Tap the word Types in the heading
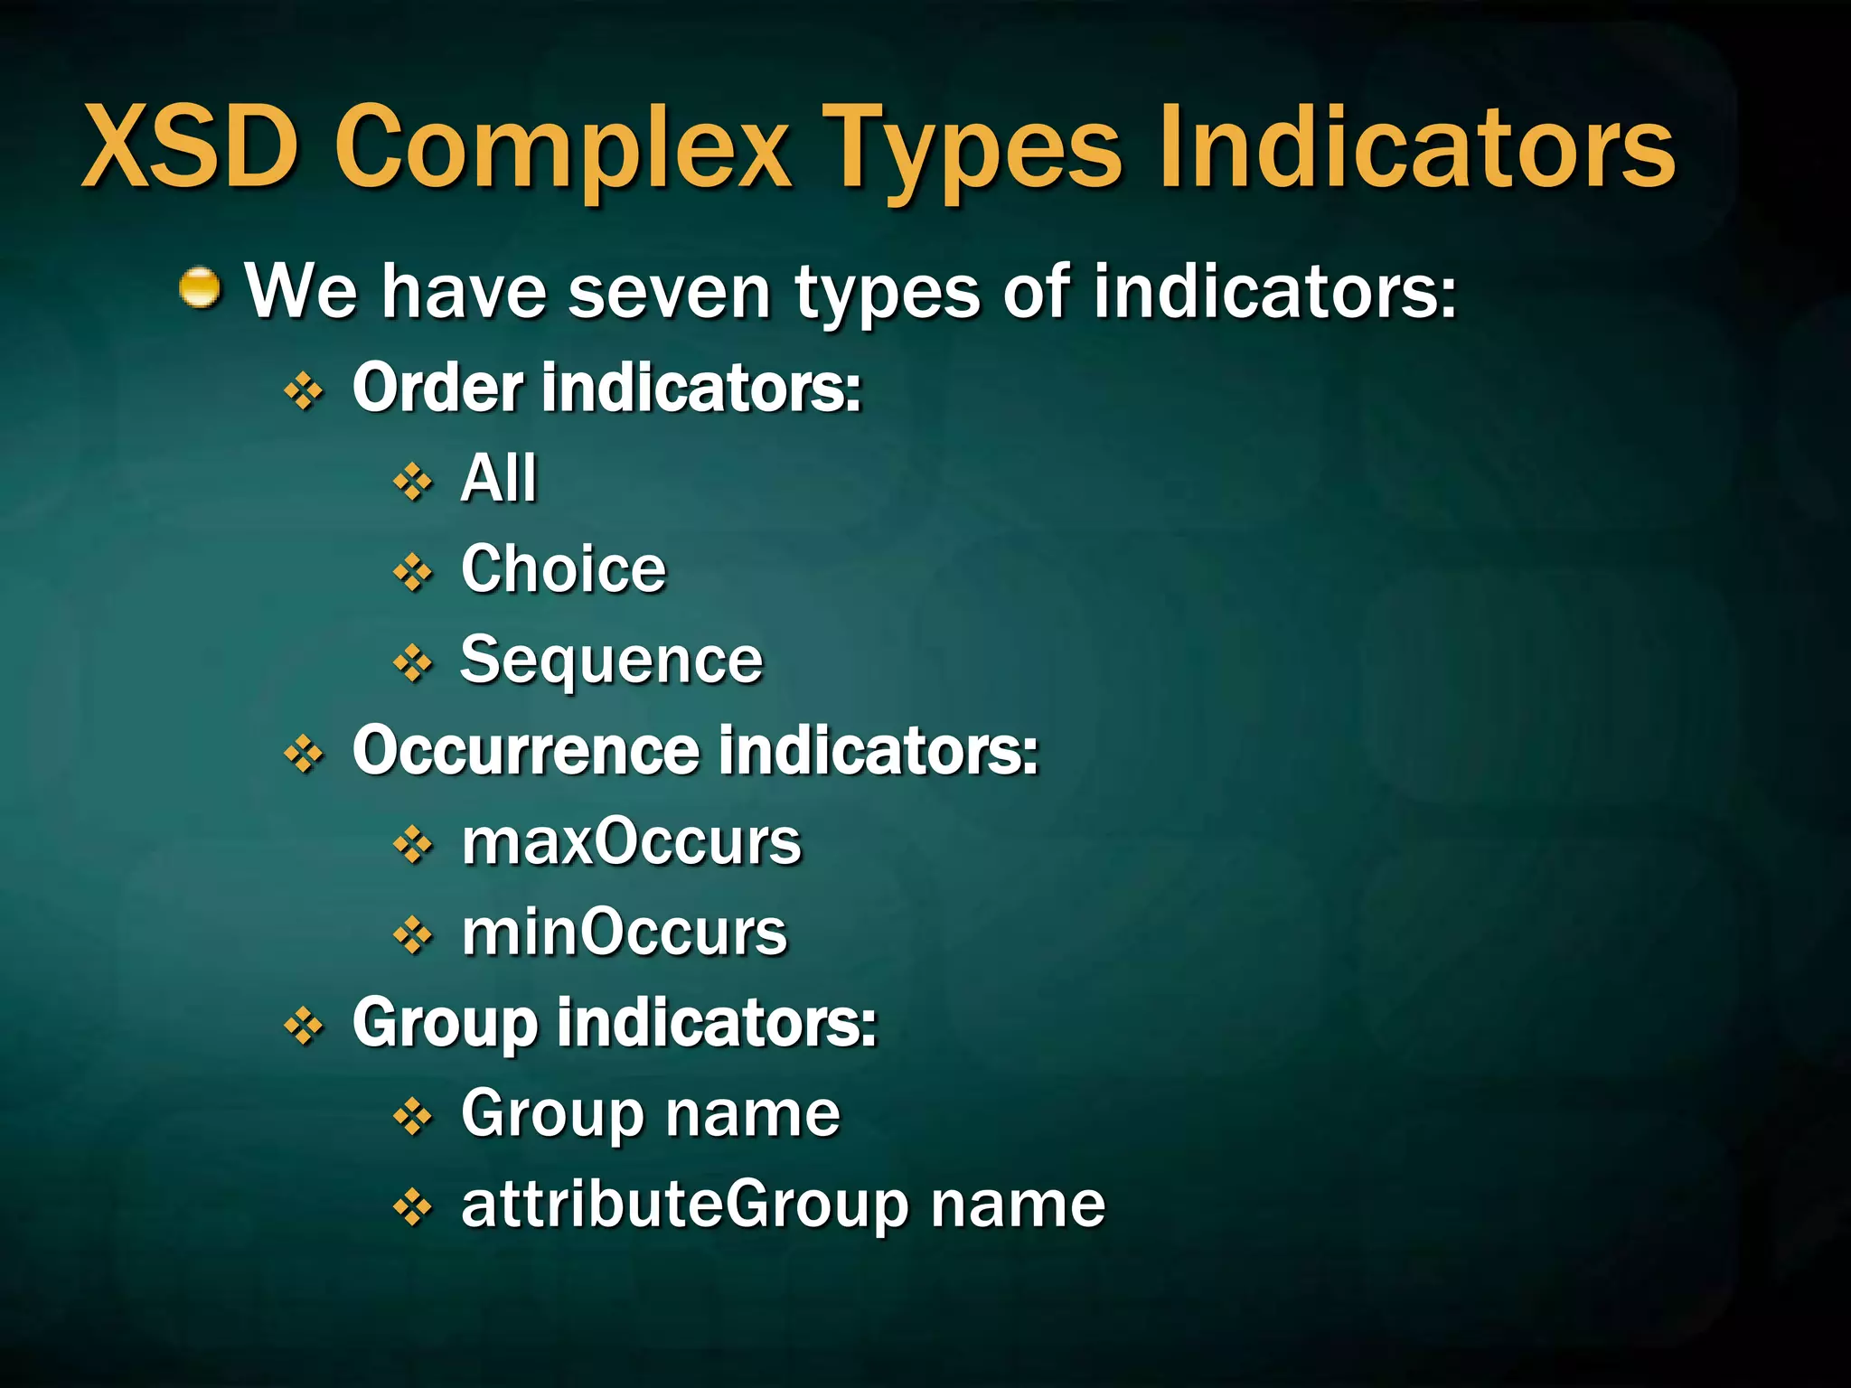(976, 149)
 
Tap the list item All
(499, 478)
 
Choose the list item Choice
(563, 569)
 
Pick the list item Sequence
(612, 661)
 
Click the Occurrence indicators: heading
(695, 750)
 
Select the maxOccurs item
(631, 842)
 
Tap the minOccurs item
(625, 933)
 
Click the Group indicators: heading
(615, 1024)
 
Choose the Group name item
(651, 1114)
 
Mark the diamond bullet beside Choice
(413, 572)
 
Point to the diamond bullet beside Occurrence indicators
(304, 754)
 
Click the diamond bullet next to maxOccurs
(413, 845)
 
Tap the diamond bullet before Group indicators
(304, 1027)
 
